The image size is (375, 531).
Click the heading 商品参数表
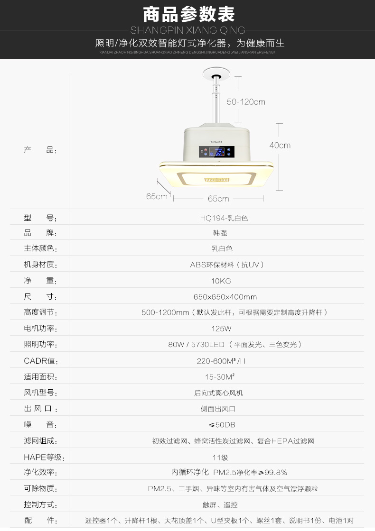coord(188,14)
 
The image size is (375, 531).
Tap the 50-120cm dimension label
coord(246,101)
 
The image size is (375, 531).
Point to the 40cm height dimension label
coord(280,145)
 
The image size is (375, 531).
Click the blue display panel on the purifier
coord(217,152)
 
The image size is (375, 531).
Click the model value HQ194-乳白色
coord(224,218)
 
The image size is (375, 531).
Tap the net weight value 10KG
coord(221,281)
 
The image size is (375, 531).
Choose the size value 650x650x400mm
coord(225,297)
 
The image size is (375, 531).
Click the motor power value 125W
coord(221,329)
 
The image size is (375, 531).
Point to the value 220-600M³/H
coord(221,361)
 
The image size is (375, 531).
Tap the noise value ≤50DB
coord(219,424)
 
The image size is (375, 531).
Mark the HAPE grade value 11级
coord(220,458)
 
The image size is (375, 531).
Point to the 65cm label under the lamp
coord(218,199)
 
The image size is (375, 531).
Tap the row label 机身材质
coord(40,265)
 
